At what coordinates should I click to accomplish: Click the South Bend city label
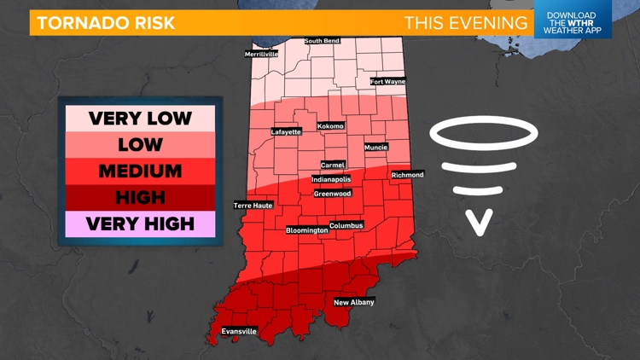point(324,41)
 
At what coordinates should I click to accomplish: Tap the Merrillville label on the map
point(261,54)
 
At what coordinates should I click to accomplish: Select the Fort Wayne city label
point(388,82)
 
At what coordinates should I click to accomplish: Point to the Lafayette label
point(286,132)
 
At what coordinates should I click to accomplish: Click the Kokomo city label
point(330,126)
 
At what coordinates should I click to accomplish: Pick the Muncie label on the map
point(376,148)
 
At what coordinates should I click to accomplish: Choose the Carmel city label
point(333,165)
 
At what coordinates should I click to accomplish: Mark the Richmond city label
point(407,175)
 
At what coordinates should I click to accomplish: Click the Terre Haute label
point(253,206)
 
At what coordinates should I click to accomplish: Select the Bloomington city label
point(306,230)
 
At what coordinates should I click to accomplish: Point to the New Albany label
point(354,302)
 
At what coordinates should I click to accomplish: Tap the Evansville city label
point(238,331)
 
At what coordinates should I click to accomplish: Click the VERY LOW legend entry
point(140,118)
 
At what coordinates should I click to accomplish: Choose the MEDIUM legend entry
point(140,171)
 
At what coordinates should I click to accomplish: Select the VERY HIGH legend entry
point(140,224)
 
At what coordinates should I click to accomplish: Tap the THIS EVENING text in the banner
point(466,22)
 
